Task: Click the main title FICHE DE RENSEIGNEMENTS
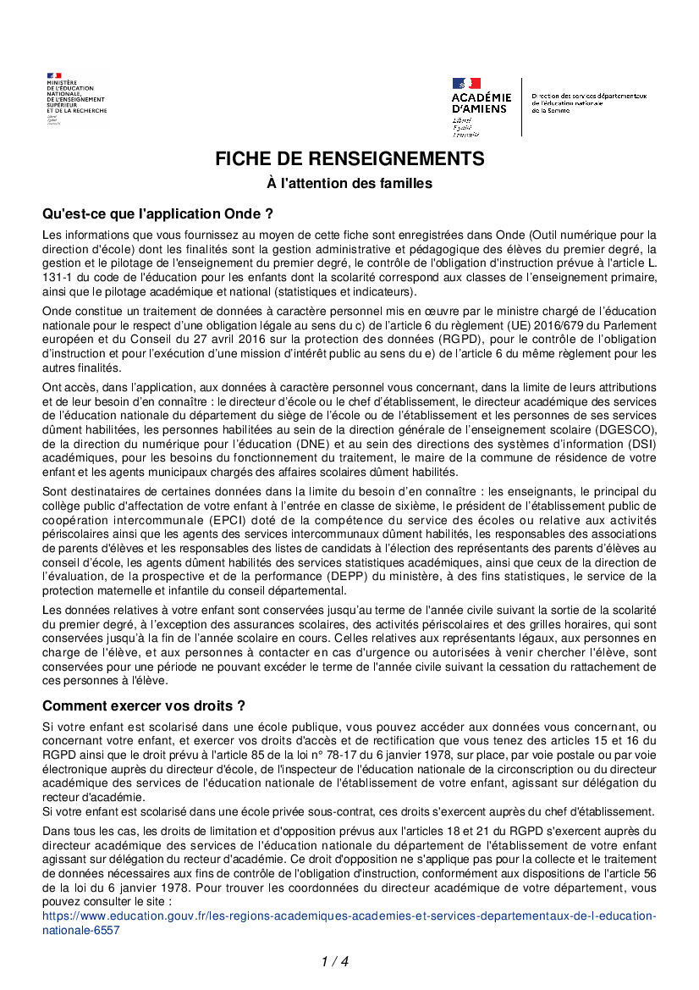(x=349, y=158)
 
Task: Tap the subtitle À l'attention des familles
(x=349, y=183)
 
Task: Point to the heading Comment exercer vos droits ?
(x=144, y=705)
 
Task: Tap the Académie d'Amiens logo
(x=481, y=107)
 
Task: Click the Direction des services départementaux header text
(x=582, y=103)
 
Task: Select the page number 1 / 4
(x=335, y=961)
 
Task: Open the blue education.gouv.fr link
(x=349, y=922)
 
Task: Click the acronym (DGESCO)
(x=625, y=430)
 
